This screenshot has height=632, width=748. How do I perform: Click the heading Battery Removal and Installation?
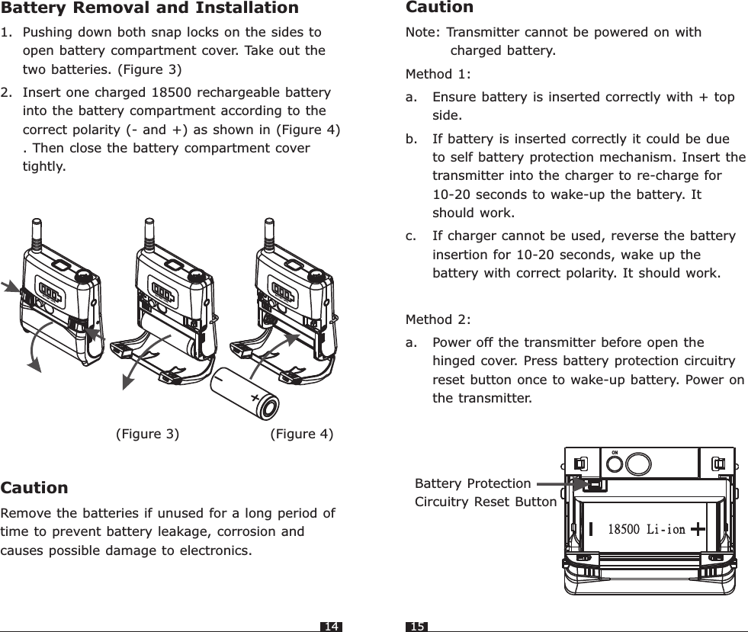tap(149, 8)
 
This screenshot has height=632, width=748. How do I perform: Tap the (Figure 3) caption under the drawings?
tap(147, 434)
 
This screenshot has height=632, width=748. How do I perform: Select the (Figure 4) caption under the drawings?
tap(302, 434)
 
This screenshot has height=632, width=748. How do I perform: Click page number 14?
tap(331, 627)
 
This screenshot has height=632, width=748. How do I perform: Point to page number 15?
tap(416, 627)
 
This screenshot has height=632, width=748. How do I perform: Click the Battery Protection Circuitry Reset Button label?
tap(485, 492)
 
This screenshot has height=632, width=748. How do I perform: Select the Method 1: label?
tap(438, 75)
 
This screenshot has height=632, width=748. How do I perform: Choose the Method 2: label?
tap(438, 318)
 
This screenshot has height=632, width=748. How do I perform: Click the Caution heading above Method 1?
tap(440, 8)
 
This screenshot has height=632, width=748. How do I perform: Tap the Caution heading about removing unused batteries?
tap(35, 487)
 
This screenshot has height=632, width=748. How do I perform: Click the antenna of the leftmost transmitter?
tap(34, 231)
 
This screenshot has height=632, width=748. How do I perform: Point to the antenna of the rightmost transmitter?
tap(268, 231)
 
